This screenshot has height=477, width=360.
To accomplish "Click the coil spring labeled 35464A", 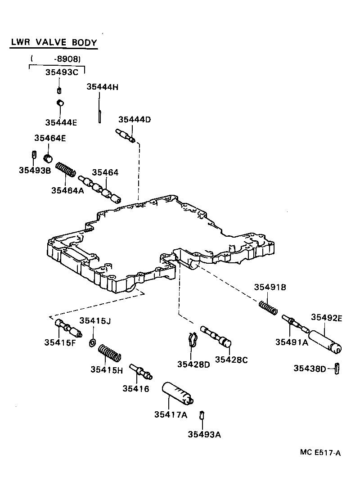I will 66,171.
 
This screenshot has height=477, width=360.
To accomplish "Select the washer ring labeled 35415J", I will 92,343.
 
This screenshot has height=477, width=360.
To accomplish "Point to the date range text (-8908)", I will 56,58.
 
